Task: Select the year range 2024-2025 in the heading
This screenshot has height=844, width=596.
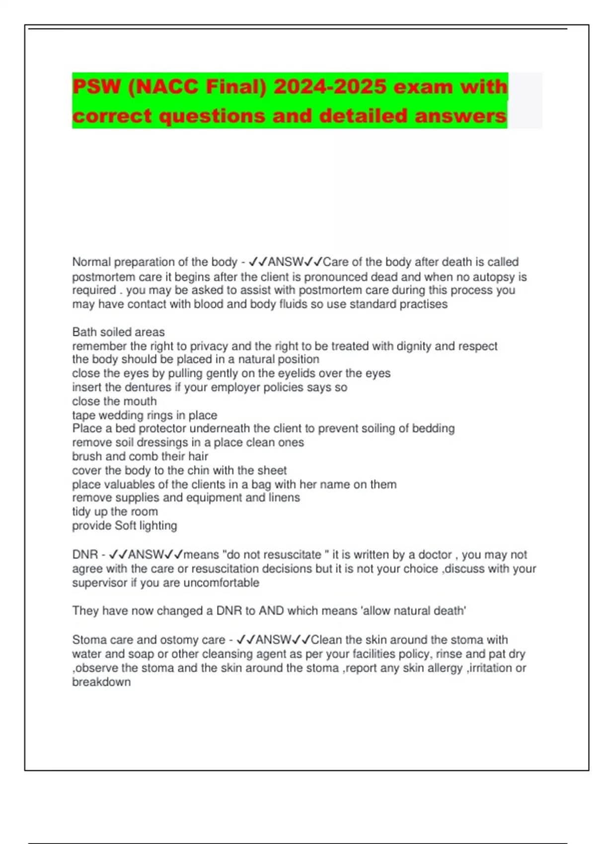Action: tap(330, 87)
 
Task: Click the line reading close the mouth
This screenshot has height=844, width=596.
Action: tap(114, 401)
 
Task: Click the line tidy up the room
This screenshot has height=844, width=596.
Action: tap(115, 512)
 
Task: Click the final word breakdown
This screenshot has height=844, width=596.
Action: tap(101, 682)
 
